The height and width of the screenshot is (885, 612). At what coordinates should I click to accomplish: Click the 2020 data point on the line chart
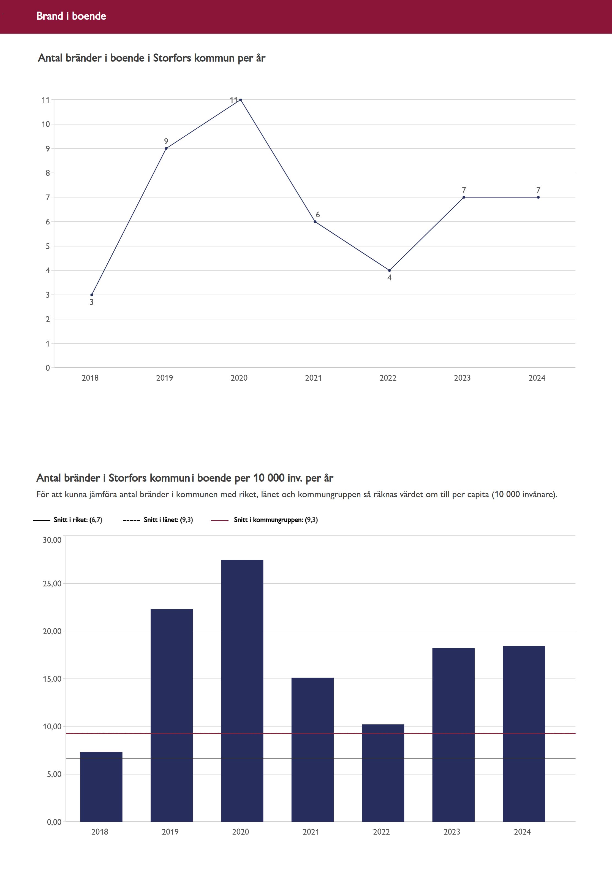tap(240, 100)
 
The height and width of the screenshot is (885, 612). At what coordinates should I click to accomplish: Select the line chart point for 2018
tap(92, 295)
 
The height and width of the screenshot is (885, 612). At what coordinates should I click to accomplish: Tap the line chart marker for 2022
tap(389, 270)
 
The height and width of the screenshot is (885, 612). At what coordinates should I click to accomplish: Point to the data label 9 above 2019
tap(166, 142)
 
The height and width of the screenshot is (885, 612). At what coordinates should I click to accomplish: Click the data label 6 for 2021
tap(317, 215)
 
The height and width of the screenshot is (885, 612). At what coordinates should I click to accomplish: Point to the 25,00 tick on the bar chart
tap(52, 583)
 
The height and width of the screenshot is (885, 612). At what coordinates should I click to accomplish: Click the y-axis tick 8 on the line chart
tap(48, 173)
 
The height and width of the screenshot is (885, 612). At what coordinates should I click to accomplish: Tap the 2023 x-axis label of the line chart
tap(462, 378)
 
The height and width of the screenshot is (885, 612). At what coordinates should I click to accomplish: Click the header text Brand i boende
tap(71, 16)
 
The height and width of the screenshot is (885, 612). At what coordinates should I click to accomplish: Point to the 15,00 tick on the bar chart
tap(52, 679)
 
